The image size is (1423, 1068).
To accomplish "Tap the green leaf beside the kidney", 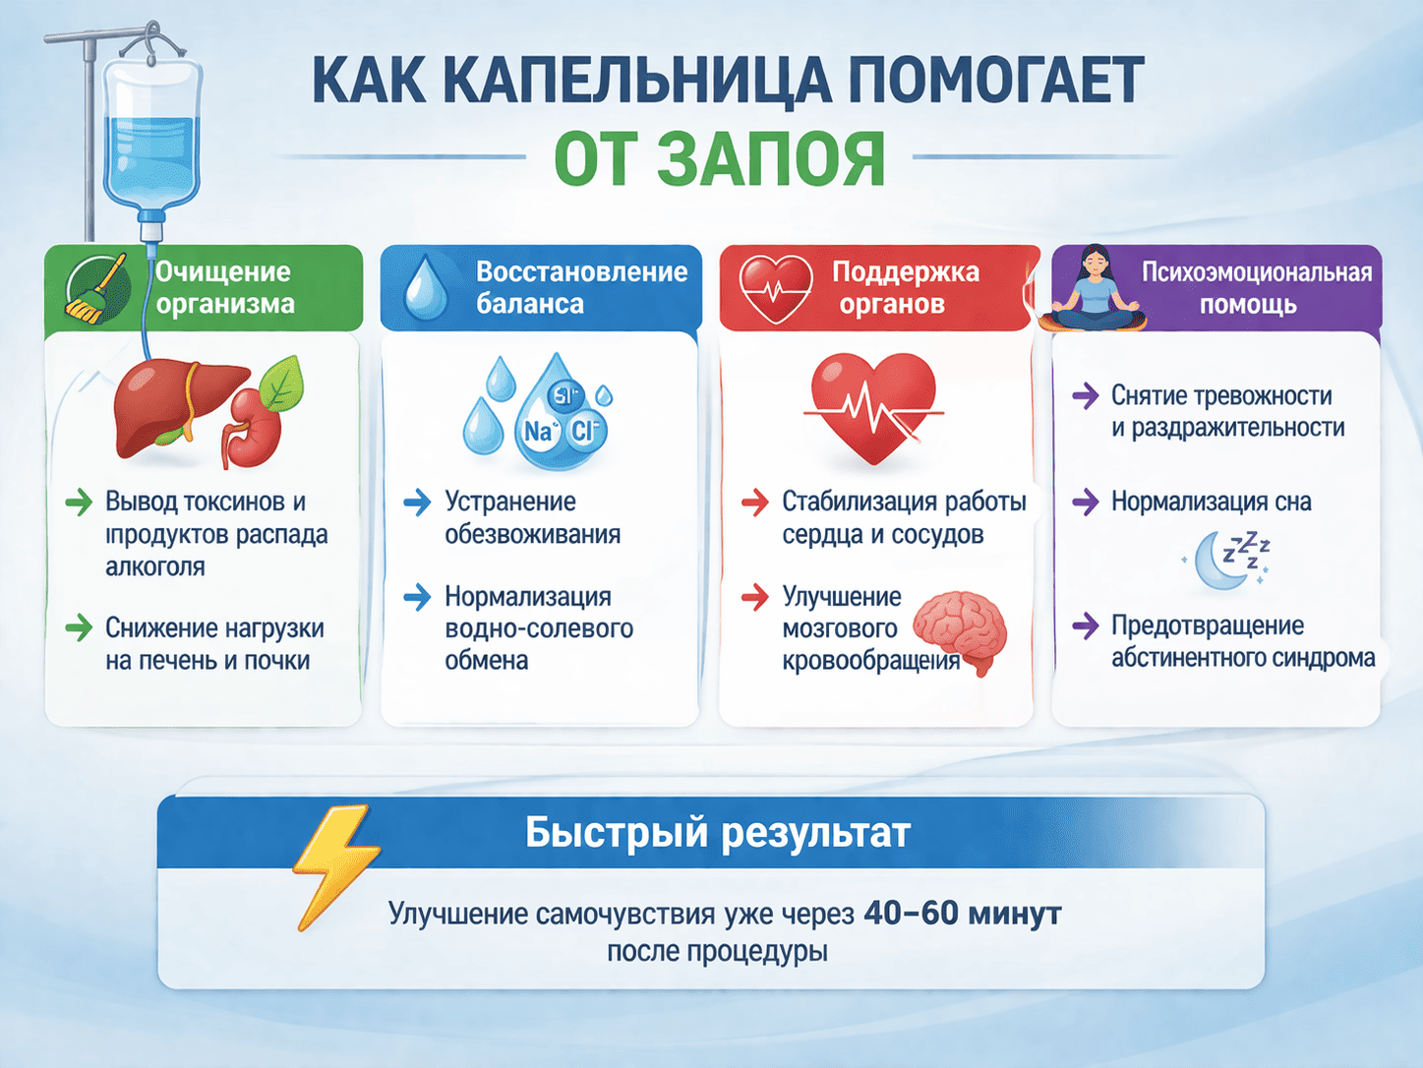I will pos(279,384).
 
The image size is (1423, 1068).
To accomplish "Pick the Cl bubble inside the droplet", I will pos(584,430).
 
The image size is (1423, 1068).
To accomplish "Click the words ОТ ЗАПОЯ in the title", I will pos(719,160).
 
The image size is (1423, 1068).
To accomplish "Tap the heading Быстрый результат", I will pos(717,833).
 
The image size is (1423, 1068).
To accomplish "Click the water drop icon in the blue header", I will pos(426,288).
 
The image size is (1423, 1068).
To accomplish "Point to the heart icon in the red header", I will pos(776,288).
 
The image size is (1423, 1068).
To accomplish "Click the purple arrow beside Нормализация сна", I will pos(1085,502).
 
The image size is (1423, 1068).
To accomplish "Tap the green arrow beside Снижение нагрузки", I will pos(78,627).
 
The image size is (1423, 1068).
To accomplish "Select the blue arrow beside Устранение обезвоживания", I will pos(417,503).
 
